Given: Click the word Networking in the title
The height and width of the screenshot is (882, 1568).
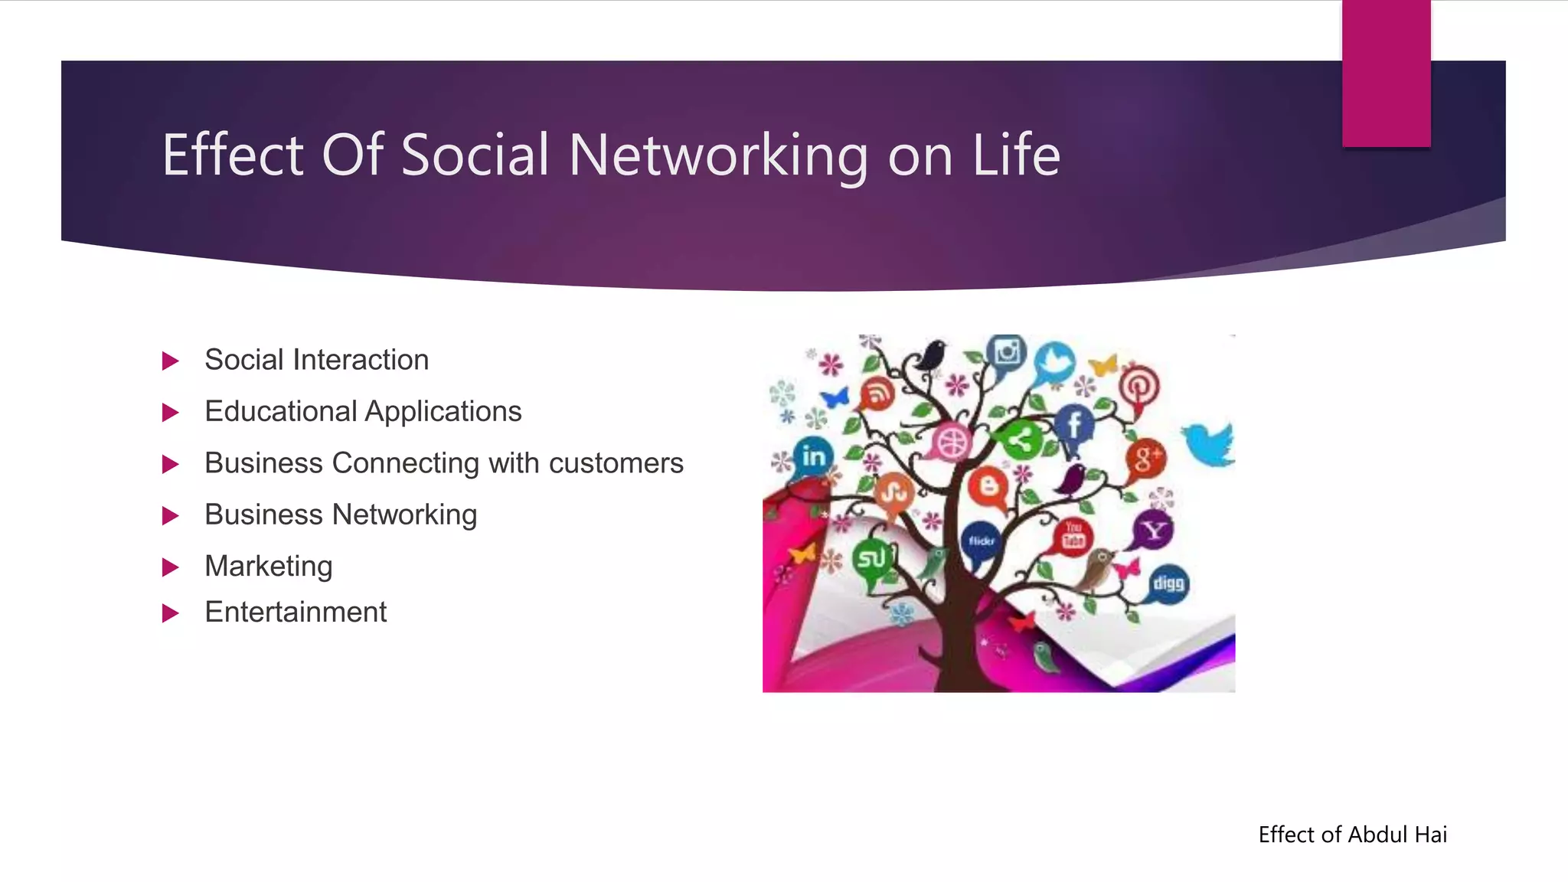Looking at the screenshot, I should point(718,155).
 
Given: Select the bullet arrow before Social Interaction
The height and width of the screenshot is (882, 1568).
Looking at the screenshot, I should point(171,361).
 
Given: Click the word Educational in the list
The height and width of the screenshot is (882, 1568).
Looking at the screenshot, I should point(281,412).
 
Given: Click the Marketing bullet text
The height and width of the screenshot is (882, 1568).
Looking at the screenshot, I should point(269,567).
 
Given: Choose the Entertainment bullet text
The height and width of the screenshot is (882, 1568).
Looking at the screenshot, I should point(296,612).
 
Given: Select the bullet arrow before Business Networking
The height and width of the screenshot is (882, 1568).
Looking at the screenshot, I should point(171,516).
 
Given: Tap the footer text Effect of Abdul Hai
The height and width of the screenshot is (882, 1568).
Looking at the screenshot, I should point(1352,835).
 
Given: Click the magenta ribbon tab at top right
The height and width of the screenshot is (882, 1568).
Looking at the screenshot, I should point(1386,73).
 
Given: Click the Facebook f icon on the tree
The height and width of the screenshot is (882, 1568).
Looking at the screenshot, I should point(1074,424).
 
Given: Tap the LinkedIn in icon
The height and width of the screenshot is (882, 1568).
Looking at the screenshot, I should point(813,456).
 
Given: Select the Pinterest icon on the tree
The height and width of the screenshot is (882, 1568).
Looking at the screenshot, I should point(1138,387).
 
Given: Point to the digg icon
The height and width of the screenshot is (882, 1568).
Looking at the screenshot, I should point(1168,584).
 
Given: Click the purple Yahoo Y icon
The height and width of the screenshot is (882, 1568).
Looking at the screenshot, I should point(1153,530).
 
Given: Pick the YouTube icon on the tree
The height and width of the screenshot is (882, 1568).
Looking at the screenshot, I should point(1073,535).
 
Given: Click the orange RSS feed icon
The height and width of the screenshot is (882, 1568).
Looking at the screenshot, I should point(878,395).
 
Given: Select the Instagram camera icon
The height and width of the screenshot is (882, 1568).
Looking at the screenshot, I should point(1007,353).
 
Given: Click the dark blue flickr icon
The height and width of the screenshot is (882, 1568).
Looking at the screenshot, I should point(981,541).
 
